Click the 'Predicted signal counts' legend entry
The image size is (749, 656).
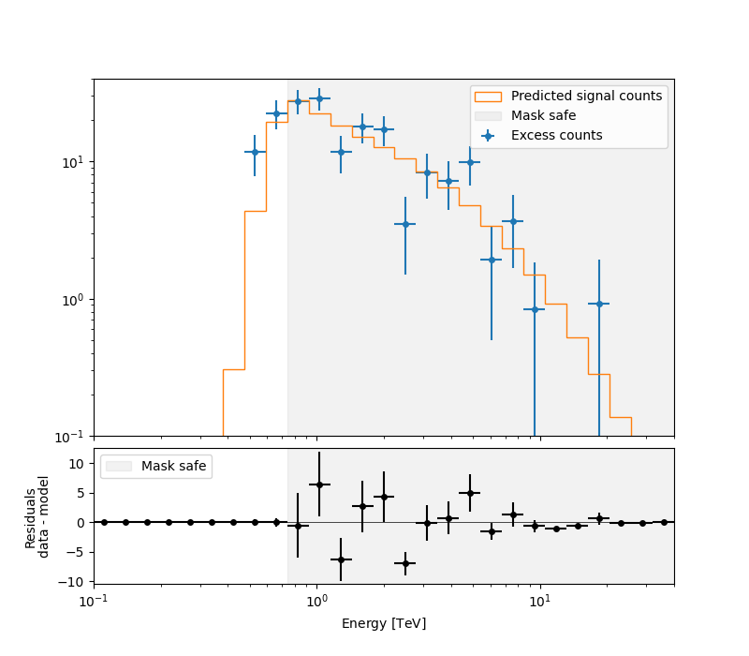coord(587,96)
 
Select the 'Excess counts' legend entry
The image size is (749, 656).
coord(556,135)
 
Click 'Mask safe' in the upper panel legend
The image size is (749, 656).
coord(543,115)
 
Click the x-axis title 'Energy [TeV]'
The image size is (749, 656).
coord(384,623)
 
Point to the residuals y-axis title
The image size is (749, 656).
coord(37,516)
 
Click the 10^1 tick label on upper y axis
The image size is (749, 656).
coord(73,162)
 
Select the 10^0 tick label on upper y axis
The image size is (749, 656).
coord(73,300)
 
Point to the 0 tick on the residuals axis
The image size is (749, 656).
coord(81,522)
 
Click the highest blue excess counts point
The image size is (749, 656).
coord(319,98)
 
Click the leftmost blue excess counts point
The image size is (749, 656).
coord(255,152)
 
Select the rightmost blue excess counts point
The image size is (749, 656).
coord(599,304)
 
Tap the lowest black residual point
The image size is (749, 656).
coord(405,563)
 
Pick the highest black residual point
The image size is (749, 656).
coord(319,485)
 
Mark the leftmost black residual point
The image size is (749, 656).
coord(104,522)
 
